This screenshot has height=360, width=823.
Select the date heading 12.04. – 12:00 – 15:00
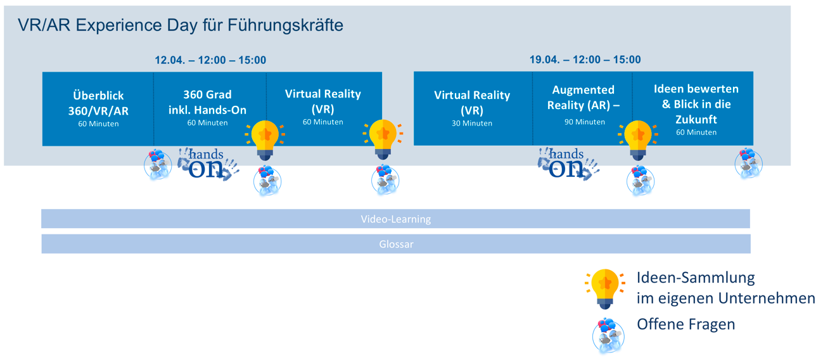(x=210, y=60)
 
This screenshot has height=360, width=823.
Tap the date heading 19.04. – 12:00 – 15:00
(x=585, y=60)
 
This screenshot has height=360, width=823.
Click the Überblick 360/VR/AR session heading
(x=98, y=103)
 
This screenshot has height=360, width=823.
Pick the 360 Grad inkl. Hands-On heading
(x=207, y=102)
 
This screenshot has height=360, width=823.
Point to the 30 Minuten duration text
(x=472, y=124)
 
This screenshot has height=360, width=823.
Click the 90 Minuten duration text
(x=585, y=122)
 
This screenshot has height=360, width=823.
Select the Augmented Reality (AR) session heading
(x=583, y=98)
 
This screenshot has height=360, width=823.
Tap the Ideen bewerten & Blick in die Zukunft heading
(x=696, y=104)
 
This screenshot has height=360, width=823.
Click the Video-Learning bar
(x=395, y=219)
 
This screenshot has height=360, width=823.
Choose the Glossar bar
(x=396, y=244)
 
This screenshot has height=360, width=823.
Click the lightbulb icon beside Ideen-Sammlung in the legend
(x=605, y=289)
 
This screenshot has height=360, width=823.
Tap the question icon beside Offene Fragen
(x=608, y=335)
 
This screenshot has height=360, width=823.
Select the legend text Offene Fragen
(x=686, y=325)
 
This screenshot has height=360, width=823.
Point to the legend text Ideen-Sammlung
(x=696, y=278)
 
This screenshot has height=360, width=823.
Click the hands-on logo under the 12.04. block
(x=208, y=164)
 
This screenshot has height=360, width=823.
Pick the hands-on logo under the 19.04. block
(x=568, y=164)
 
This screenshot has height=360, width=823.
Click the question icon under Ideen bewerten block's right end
(x=748, y=164)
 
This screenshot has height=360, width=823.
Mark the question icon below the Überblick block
(x=158, y=165)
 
